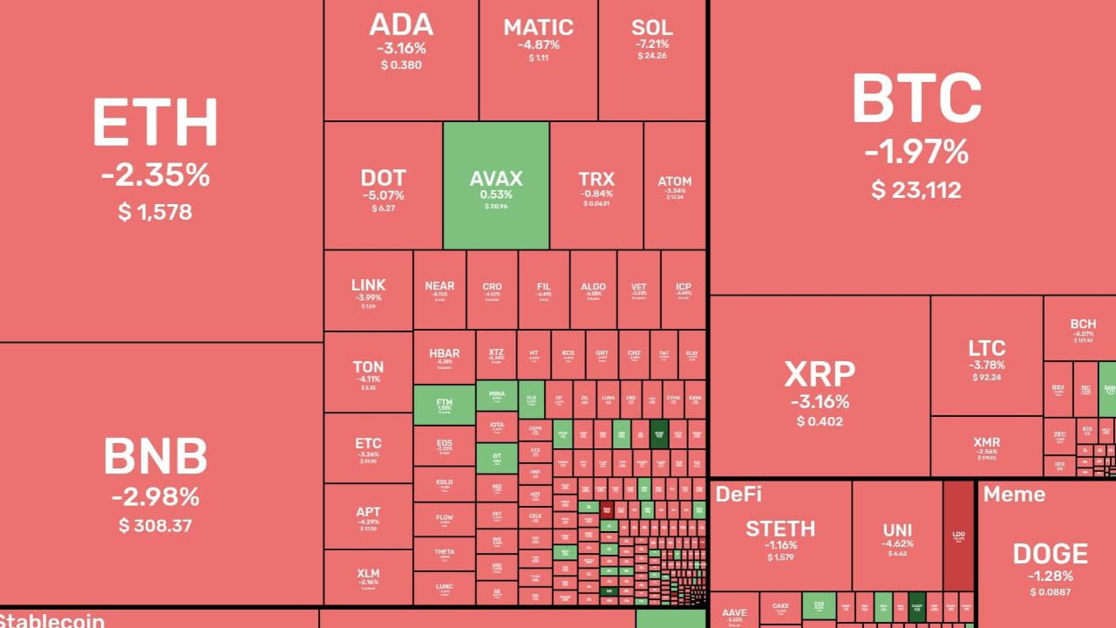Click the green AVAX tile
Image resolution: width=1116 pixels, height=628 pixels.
496,186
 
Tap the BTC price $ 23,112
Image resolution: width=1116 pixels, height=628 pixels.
916,189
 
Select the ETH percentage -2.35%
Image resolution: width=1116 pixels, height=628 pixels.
155,175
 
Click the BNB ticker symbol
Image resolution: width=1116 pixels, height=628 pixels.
155,456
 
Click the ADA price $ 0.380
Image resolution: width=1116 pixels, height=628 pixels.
401,65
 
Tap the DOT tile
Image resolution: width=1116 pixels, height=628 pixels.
383,186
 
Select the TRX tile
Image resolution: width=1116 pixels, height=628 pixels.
596,186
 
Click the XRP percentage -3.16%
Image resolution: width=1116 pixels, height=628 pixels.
820,402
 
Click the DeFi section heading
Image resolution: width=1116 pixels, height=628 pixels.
738,495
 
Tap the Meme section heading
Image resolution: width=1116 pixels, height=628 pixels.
1014,495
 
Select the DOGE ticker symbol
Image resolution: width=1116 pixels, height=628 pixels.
1050,554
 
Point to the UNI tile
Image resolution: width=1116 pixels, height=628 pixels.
897,536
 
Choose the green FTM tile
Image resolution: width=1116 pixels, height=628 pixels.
444,405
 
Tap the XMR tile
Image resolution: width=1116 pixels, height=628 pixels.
986,447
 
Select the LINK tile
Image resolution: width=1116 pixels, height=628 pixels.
368,291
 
